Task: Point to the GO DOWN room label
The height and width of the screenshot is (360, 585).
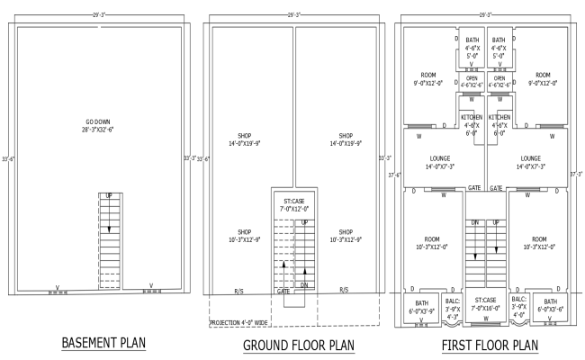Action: (x=98, y=125)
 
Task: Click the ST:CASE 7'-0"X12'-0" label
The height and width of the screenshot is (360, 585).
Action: (x=293, y=205)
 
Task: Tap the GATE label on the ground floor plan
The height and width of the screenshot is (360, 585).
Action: (x=283, y=291)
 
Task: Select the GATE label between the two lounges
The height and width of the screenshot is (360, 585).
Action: (x=496, y=189)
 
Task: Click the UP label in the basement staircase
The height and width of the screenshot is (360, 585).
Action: (x=109, y=195)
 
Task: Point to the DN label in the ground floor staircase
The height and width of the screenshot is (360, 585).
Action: (x=303, y=284)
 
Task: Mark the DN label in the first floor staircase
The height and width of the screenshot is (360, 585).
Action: (x=475, y=221)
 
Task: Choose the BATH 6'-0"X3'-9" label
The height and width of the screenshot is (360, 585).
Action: (x=421, y=306)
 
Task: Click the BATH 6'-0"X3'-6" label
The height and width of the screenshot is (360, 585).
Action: (x=550, y=306)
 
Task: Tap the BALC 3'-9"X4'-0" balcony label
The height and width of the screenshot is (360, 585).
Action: (x=518, y=305)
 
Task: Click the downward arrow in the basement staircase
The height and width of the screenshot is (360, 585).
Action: (x=109, y=229)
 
